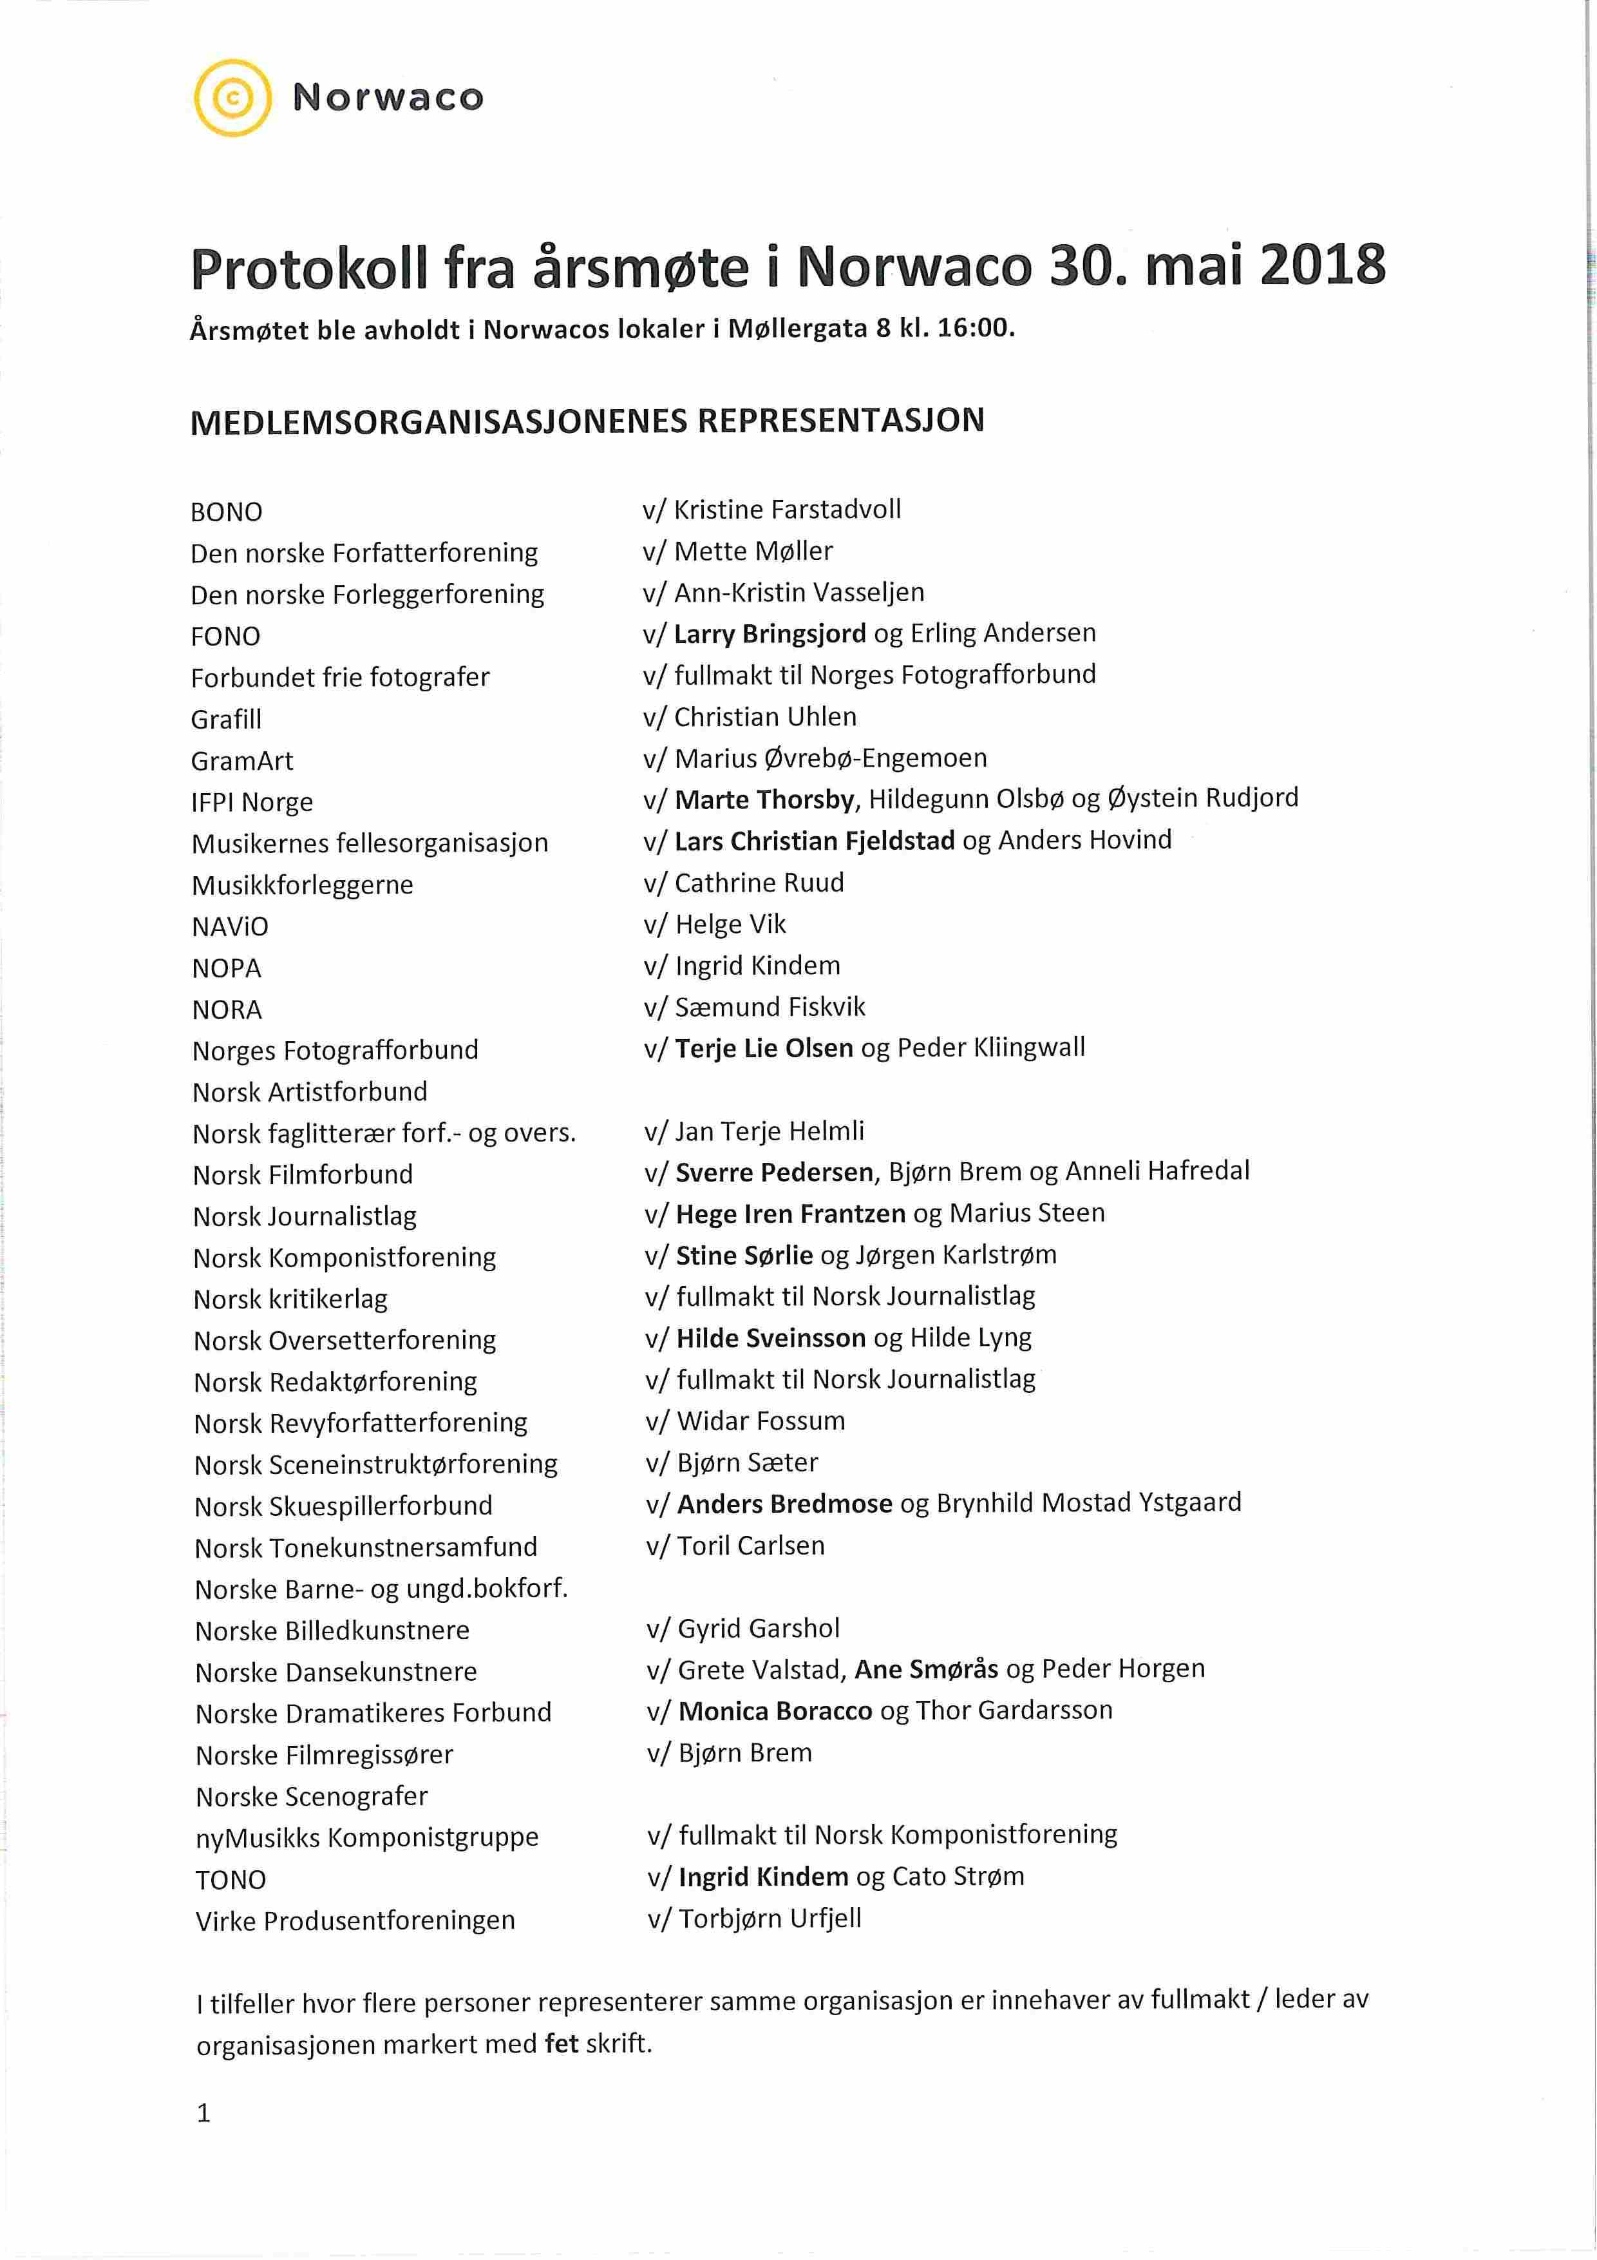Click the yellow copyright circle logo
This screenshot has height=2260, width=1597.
233,97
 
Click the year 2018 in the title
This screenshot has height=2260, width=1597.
1323,267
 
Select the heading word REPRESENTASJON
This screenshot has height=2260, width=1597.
840,421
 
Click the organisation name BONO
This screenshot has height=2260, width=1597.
226,512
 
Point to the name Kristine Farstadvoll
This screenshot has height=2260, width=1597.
787,509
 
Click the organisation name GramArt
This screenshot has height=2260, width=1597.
242,760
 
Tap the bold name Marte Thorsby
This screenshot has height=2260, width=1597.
764,800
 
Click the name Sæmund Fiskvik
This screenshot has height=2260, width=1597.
770,1007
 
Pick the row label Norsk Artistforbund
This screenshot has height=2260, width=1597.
310,1091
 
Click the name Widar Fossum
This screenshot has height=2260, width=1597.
761,1421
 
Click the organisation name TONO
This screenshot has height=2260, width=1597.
231,1880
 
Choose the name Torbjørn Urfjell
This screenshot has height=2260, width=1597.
770,1919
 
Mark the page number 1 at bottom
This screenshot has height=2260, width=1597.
203,2113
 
